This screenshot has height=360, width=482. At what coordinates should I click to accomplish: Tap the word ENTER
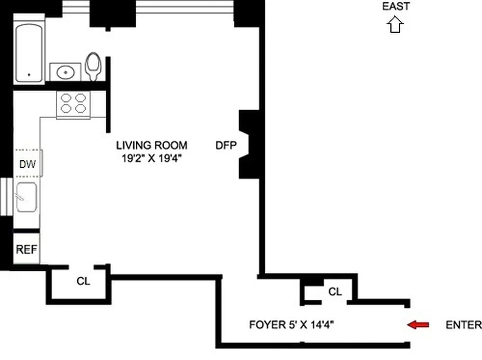coord(463,325)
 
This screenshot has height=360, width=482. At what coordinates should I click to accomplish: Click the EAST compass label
coord(396,6)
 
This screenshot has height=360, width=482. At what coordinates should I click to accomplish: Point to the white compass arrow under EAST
coord(395,25)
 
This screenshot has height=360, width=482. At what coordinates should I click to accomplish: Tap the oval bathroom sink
coord(65,72)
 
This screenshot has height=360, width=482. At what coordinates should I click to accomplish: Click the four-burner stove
coord(73,103)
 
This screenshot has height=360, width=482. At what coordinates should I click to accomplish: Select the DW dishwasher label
coord(27,164)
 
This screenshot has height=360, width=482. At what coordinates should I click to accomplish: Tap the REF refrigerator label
coord(27,249)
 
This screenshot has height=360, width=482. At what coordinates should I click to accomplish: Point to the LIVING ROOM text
coord(152,145)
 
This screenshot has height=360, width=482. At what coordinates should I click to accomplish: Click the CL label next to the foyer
coord(335,292)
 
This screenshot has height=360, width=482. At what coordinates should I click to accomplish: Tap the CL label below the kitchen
coord(83,282)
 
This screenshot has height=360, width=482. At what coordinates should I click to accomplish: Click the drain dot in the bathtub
coord(29,75)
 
